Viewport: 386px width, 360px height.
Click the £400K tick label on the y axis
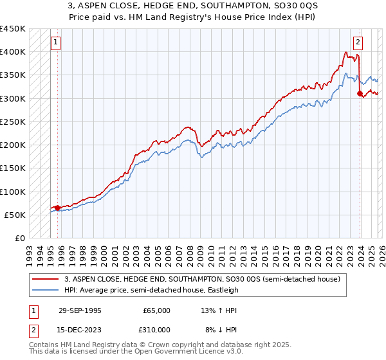[12, 52]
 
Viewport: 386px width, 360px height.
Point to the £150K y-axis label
[12, 168]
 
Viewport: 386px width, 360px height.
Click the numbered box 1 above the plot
[57, 43]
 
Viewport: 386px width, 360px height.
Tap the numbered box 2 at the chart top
[358, 43]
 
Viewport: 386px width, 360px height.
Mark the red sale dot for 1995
[57, 208]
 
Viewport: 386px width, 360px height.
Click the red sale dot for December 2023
[360, 94]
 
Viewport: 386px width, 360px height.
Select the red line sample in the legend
[46, 279]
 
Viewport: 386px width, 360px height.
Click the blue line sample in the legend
[46, 290]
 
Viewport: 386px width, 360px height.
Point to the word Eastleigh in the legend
[221, 290]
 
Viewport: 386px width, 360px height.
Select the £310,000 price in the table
[156, 330]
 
